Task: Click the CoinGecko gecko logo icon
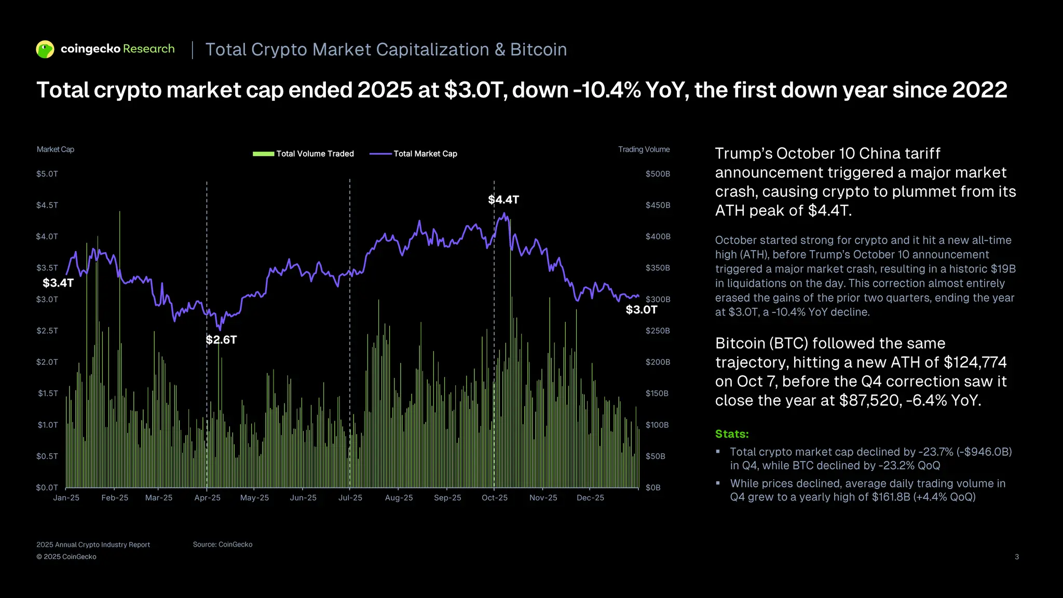pos(45,49)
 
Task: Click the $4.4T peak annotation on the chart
pos(503,200)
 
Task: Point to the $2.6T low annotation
pos(221,340)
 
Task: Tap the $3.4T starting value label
pos(58,283)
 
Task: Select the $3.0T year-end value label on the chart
pos(641,310)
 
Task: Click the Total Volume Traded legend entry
pos(303,154)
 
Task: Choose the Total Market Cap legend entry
pos(414,154)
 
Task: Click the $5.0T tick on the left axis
pos(47,174)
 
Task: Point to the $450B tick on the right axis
pos(658,205)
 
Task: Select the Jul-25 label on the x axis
pos(350,498)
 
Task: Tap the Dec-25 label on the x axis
pos(590,498)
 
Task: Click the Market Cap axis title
pos(56,149)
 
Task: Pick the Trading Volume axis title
pos(644,149)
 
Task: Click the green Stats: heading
pos(732,434)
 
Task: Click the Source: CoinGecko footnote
pos(223,545)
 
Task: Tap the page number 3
pos(1016,557)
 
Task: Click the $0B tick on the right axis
pos(653,487)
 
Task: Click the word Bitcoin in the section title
pos(538,50)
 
